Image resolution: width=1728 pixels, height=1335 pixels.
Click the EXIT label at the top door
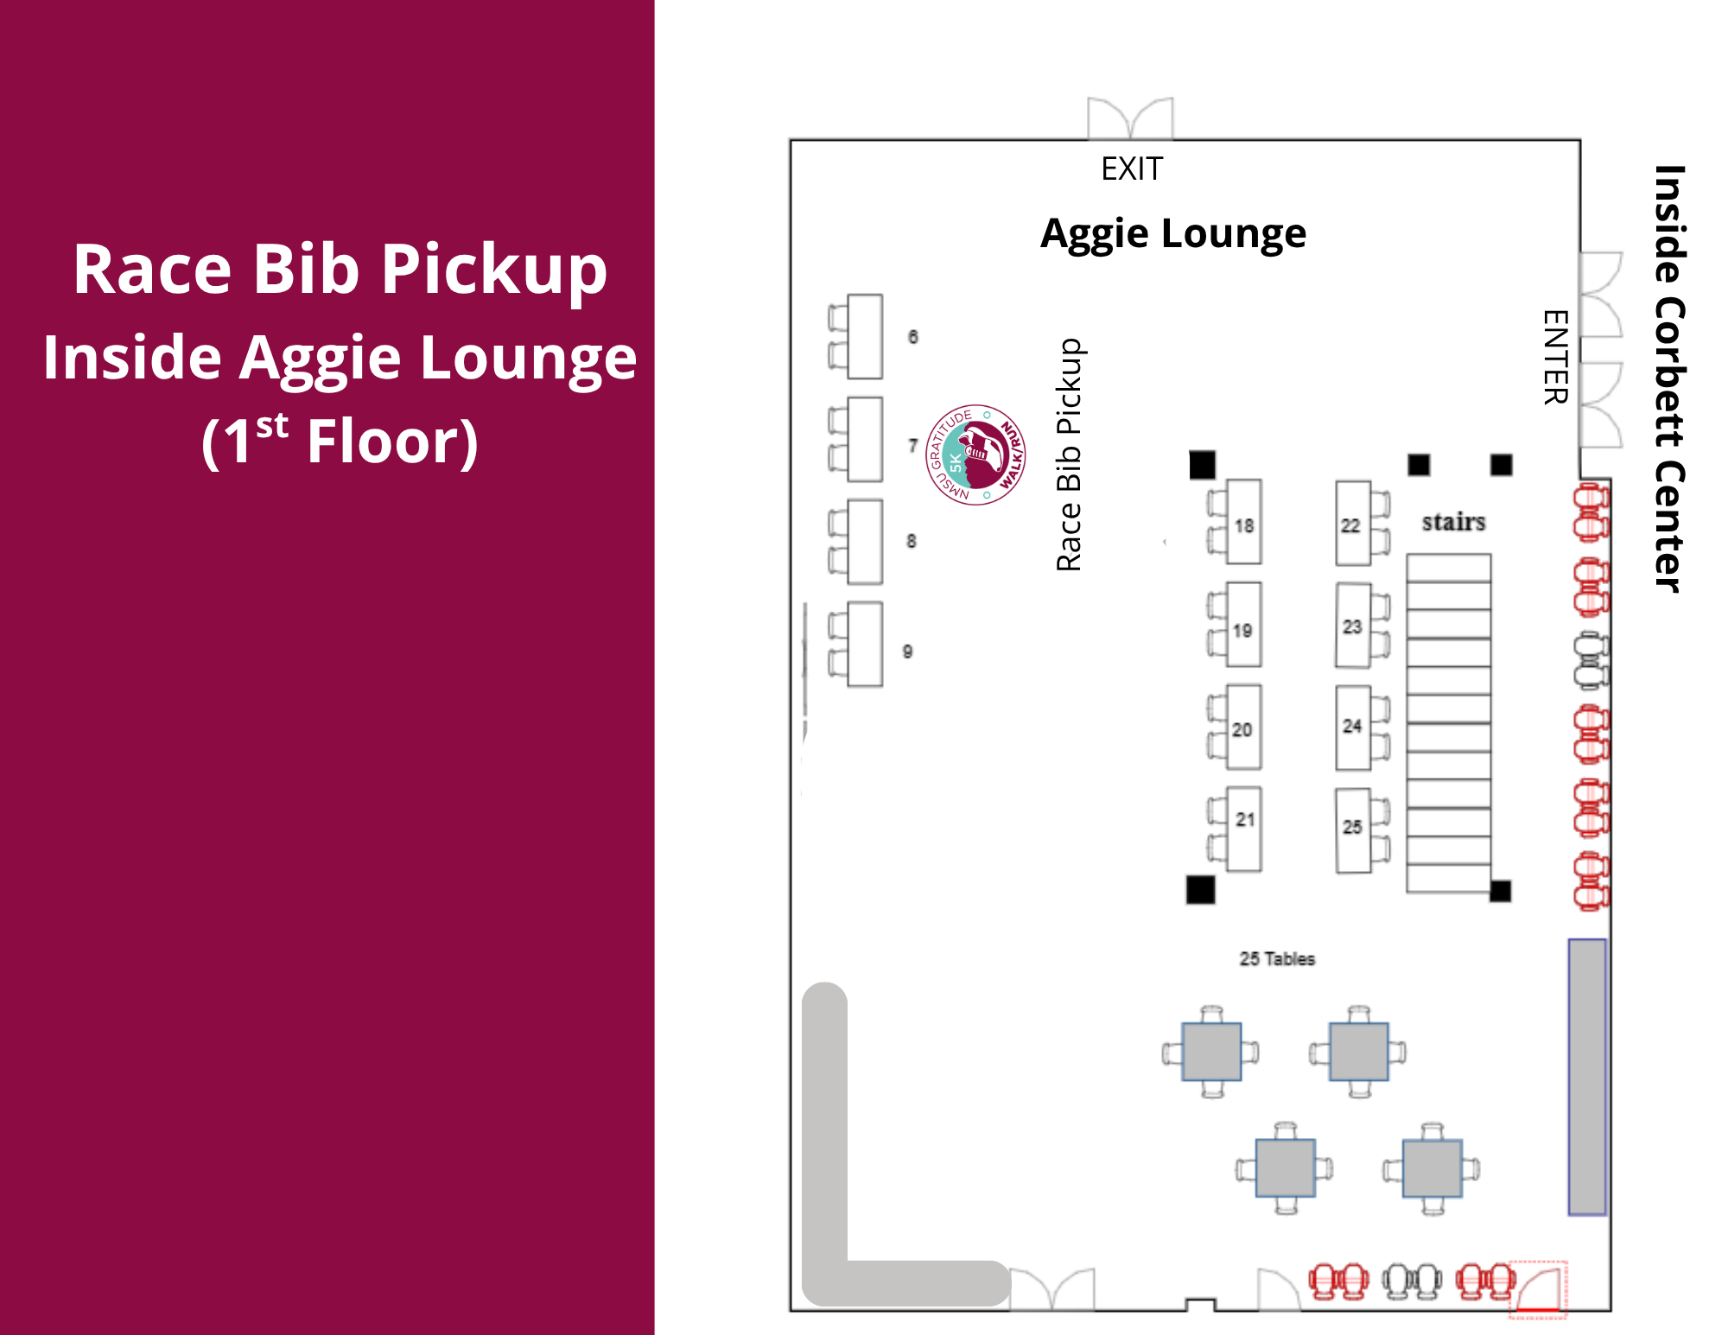[x=1132, y=168]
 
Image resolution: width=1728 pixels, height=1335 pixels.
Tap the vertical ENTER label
[x=1555, y=357]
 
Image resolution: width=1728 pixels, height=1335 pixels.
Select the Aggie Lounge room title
[x=1173, y=233]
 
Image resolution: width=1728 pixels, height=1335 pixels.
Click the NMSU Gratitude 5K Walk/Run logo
[x=975, y=455]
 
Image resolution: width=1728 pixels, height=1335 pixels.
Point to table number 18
[x=1243, y=522]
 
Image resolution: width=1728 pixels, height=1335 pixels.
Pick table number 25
[x=1353, y=830]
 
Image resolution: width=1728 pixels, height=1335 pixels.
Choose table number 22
[x=1352, y=524]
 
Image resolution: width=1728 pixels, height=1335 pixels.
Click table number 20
[x=1243, y=727]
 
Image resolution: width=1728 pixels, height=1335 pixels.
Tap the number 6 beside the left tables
[x=912, y=337]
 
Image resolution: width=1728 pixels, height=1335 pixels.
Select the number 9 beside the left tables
[x=907, y=652]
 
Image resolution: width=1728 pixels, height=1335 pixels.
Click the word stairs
[x=1454, y=522]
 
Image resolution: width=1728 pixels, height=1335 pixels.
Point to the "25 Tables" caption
[x=1277, y=958]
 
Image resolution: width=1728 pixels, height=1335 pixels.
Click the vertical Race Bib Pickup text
[x=1069, y=455]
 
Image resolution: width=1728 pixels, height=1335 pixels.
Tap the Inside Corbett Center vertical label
[x=1669, y=378]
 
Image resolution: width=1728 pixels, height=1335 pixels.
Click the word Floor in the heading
[x=392, y=442]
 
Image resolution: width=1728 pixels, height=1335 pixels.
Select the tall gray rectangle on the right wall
[x=1587, y=1077]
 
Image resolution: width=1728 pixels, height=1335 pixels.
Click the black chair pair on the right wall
[x=1591, y=661]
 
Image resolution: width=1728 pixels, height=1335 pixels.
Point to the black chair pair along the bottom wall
[x=1413, y=1281]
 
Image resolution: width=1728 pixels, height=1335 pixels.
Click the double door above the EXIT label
[x=1130, y=118]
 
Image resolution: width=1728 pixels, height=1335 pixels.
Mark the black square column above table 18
[x=1202, y=465]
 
